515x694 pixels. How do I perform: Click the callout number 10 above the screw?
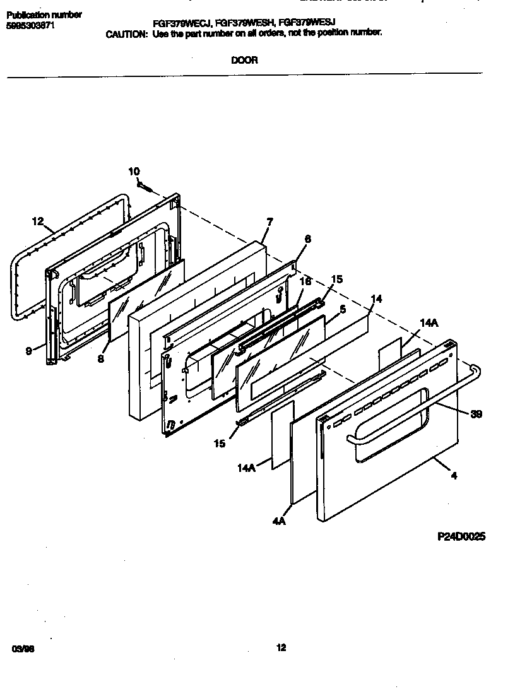(x=134, y=171)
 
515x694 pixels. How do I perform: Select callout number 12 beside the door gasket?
(x=38, y=221)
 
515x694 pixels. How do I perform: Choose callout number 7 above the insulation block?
(x=269, y=222)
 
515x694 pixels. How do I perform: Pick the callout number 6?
(x=307, y=239)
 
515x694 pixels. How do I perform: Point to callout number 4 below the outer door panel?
(x=454, y=476)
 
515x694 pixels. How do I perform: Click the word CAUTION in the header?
(x=126, y=33)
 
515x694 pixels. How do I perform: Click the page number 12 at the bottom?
(x=281, y=647)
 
